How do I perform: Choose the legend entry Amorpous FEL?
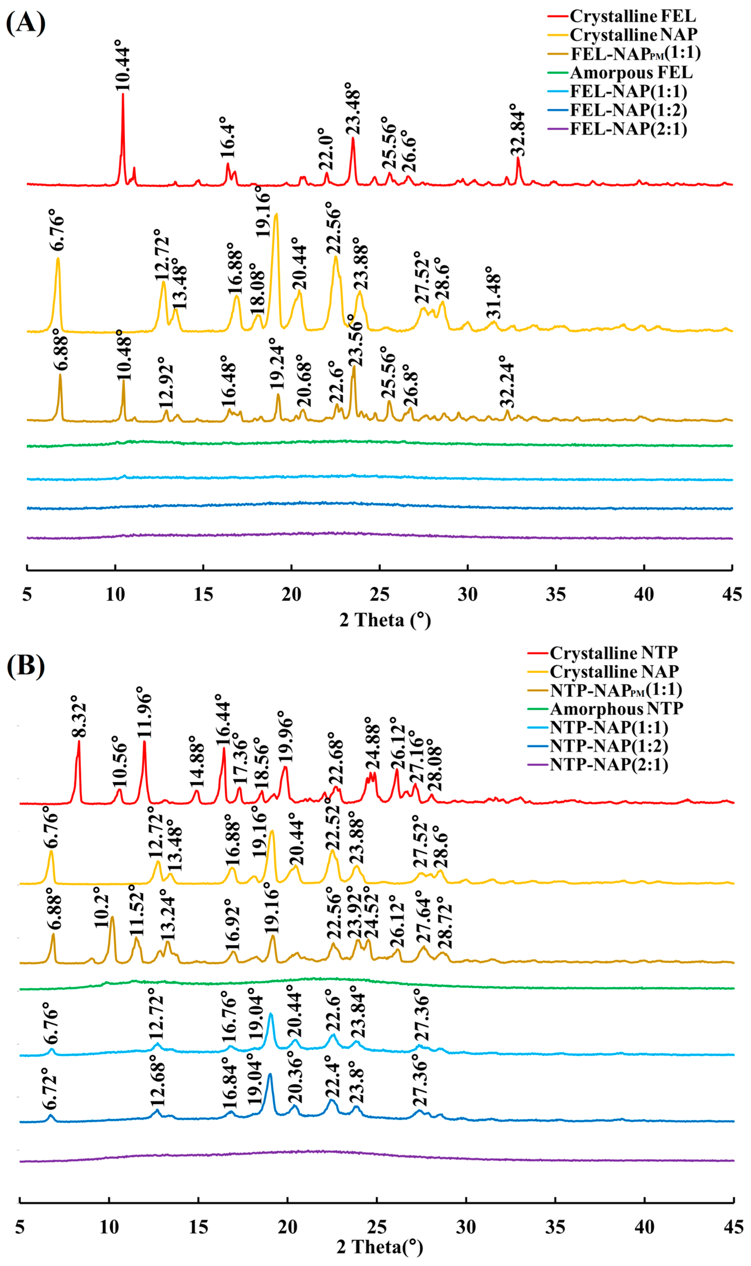[631, 72]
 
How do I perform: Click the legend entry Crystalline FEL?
[633, 16]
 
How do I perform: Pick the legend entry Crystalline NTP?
[613, 653]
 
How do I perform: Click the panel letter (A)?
[25, 23]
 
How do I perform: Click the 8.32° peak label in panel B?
[79, 721]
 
